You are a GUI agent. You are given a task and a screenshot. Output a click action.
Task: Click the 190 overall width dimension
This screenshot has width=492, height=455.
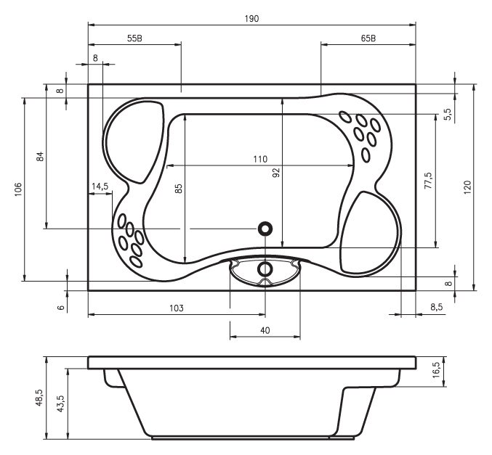coord(251,19)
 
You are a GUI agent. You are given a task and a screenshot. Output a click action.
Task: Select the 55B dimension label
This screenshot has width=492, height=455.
coord(134,38)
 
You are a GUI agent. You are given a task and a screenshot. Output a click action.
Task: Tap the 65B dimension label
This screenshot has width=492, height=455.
coord(368,38)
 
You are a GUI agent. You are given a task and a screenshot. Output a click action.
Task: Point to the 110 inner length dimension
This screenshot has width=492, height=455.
coord(260,159)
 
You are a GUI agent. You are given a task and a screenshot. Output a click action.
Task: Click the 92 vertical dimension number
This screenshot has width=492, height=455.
coord(276,173)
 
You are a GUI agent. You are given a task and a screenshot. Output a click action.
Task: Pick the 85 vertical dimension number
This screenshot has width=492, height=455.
coord(178,189)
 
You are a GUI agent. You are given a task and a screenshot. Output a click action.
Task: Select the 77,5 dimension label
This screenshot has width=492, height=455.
coord(428,180)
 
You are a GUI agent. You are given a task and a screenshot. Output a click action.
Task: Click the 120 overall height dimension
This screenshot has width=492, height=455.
coord(467,187)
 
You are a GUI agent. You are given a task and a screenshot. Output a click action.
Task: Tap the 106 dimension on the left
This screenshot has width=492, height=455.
coord(18,189)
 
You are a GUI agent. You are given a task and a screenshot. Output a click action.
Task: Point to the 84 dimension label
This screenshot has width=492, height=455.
coord(40,156)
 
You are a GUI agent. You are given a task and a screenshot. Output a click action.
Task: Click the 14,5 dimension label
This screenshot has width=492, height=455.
coord(100,186)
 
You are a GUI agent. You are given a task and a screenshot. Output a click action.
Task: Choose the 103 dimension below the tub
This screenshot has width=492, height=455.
coord(177,308)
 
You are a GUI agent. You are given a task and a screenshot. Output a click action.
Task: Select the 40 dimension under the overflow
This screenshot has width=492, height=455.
coord(265,330)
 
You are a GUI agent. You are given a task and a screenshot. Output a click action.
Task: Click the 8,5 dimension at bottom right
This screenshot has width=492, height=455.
coord(437,307)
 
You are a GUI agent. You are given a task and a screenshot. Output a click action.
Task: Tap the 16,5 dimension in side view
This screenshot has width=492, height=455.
coord(437,370)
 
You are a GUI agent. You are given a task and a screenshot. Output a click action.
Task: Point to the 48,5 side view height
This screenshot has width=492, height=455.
coord(39,398)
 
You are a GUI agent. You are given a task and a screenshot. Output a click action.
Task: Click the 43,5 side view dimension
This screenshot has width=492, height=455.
coord(60,403)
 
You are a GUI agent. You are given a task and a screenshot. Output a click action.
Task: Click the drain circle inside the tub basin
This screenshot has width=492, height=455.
coord(265,229)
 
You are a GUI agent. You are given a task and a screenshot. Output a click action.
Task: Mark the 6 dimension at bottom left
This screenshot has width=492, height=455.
coord(62,308)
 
